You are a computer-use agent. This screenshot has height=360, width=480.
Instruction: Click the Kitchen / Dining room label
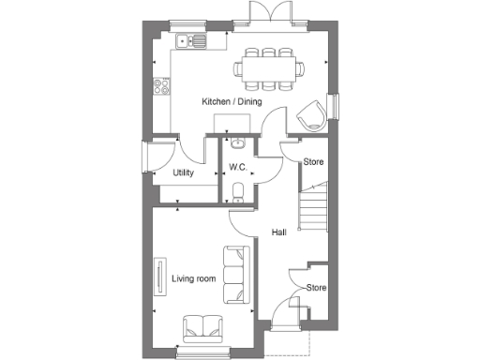232,101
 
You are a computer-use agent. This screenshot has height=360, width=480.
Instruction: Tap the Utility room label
184,173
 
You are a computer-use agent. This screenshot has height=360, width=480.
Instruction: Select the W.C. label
237,168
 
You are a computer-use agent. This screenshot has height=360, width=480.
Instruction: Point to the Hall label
278,232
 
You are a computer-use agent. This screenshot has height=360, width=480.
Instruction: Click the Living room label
194,278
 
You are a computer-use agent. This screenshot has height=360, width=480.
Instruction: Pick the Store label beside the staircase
314,162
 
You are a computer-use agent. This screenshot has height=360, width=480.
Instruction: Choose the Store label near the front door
317,288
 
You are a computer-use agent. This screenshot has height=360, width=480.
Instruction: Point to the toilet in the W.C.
237,193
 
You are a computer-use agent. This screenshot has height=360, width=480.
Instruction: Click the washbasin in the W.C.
237,144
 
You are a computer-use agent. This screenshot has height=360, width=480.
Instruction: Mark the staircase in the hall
312,208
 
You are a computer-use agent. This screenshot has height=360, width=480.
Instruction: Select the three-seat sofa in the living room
235,275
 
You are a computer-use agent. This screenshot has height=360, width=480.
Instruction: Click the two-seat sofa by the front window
202,327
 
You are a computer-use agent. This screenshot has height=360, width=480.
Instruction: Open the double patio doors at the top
262,12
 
